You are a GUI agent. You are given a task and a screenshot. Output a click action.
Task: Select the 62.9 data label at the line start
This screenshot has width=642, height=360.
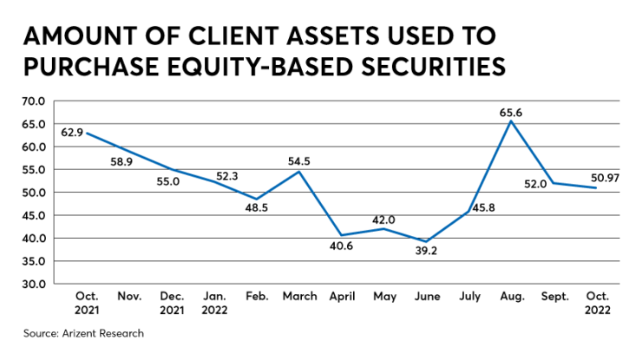tap(72, 133)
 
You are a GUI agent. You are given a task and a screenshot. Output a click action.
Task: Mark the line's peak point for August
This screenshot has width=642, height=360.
tap(512, 121)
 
